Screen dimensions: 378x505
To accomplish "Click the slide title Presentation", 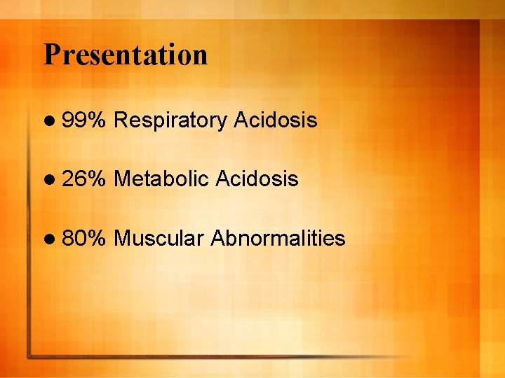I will tap(126, 55).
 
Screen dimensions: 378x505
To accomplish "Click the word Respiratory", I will tap(170, 121).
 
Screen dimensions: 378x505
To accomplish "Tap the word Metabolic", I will tap(161, 179).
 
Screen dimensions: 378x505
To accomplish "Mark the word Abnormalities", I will tap(278, 239).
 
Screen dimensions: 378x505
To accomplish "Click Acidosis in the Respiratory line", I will tap(276, 120).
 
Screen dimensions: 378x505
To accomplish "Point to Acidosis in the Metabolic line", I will tap(257, 179).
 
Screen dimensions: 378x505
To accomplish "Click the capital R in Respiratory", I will tap(120, 120).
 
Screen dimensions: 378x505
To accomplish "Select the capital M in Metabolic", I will tap(121, 179).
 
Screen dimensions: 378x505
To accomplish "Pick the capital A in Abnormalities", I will tap(217, 239).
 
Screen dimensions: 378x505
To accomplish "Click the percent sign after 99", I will tap(96, 120).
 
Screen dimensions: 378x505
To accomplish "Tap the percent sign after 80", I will tap(96, 239).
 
